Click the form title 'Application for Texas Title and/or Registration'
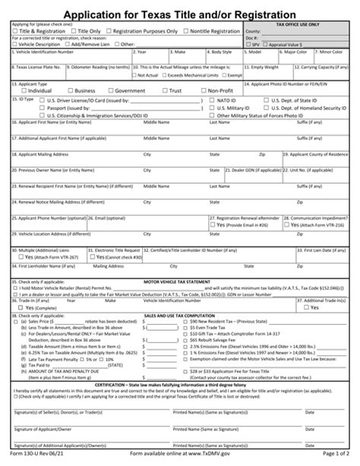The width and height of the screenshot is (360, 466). tap(180, 14)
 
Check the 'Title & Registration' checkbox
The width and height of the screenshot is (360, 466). tap(15, 31)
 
